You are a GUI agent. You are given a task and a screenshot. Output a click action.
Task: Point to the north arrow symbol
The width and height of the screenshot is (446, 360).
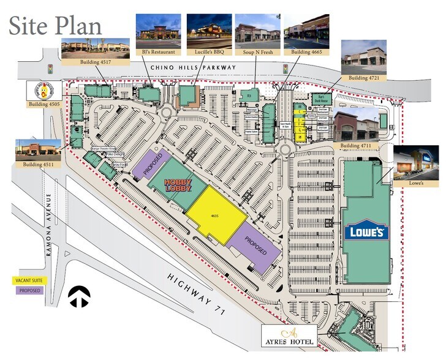[x=79, y=297]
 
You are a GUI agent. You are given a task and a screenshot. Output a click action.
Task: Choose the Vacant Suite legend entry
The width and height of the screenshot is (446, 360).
[x=28, y=280]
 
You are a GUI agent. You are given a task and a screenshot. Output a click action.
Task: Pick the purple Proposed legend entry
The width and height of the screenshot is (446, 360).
[x=28, y=290]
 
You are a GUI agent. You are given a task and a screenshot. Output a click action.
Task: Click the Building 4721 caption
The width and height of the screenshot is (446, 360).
[x=365, y=78]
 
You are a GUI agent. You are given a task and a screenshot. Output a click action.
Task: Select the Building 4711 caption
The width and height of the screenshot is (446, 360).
[x=357, y=144]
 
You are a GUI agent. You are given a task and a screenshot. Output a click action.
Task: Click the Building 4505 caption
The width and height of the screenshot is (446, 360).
[x=42, y=105]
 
